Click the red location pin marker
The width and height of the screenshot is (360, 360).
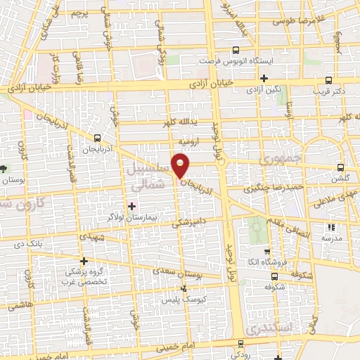tap(181, 166)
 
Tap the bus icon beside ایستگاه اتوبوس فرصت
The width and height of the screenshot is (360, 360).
tap(236, 49)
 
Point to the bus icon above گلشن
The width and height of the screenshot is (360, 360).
tap(341, 168)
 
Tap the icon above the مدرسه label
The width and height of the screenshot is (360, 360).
tap(330, 227)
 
